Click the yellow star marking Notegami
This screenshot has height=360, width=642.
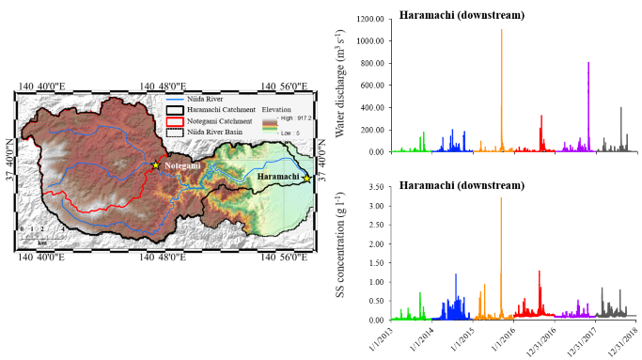(x=156, y=165)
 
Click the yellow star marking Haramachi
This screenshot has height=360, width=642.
(x=306, y=179)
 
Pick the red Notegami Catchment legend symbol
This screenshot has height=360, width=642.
(x=175, y=120)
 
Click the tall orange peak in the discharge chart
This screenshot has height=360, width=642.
(x=501, y=31)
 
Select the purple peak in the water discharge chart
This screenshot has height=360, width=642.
(x=588, y=64)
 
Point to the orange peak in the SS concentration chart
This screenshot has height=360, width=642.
(x=501, y=199)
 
